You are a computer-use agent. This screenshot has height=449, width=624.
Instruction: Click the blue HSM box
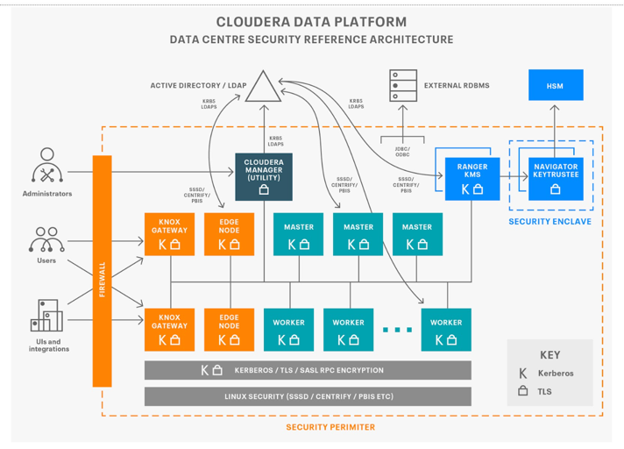click(x=555, y=85)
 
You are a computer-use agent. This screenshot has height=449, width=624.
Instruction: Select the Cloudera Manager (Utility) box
click(x=264, y=176)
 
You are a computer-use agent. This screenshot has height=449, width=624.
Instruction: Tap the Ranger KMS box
click(x=472, y=178)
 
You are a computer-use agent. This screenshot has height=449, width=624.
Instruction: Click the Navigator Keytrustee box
click(x=556, y=178)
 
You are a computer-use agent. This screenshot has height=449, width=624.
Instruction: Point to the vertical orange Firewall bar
click(x=103, y=270)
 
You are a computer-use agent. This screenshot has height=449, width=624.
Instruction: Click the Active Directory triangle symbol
click(x=260, y=87)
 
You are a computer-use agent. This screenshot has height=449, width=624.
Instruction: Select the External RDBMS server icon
click(x=403, y=86)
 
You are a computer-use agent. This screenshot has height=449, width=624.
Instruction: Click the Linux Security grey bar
click(x=308, y=396)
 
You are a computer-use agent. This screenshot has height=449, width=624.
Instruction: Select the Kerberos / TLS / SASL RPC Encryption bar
click(x=308, y=370)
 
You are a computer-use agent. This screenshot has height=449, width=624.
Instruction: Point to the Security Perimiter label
click(x=330, y=427)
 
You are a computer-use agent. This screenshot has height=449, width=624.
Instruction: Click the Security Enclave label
click(x=550, y=222)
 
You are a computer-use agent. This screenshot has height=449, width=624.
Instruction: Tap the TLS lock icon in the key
click(x=523, y=391)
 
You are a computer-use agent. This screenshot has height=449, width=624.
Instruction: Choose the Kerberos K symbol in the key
click(x=523, y=373)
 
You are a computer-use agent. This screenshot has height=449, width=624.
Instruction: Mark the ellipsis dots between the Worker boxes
click(x=397, y=331)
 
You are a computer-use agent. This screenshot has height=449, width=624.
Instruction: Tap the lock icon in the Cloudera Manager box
click(x=264, y=189)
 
